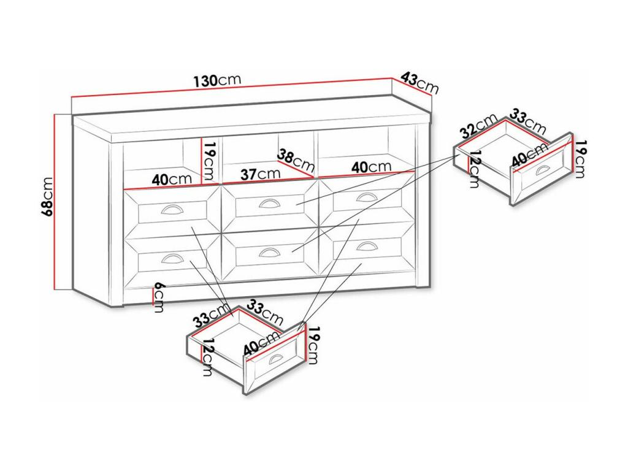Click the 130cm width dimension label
point(218,80)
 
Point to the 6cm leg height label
point(159,297)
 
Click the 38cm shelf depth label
point(296,159)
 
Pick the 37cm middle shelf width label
point(260,174)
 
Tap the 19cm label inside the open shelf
point(210,161)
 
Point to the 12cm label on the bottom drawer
point(207,357)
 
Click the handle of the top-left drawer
point(172,210)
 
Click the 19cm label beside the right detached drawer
point(580,158)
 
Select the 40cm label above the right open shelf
point(371,167)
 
